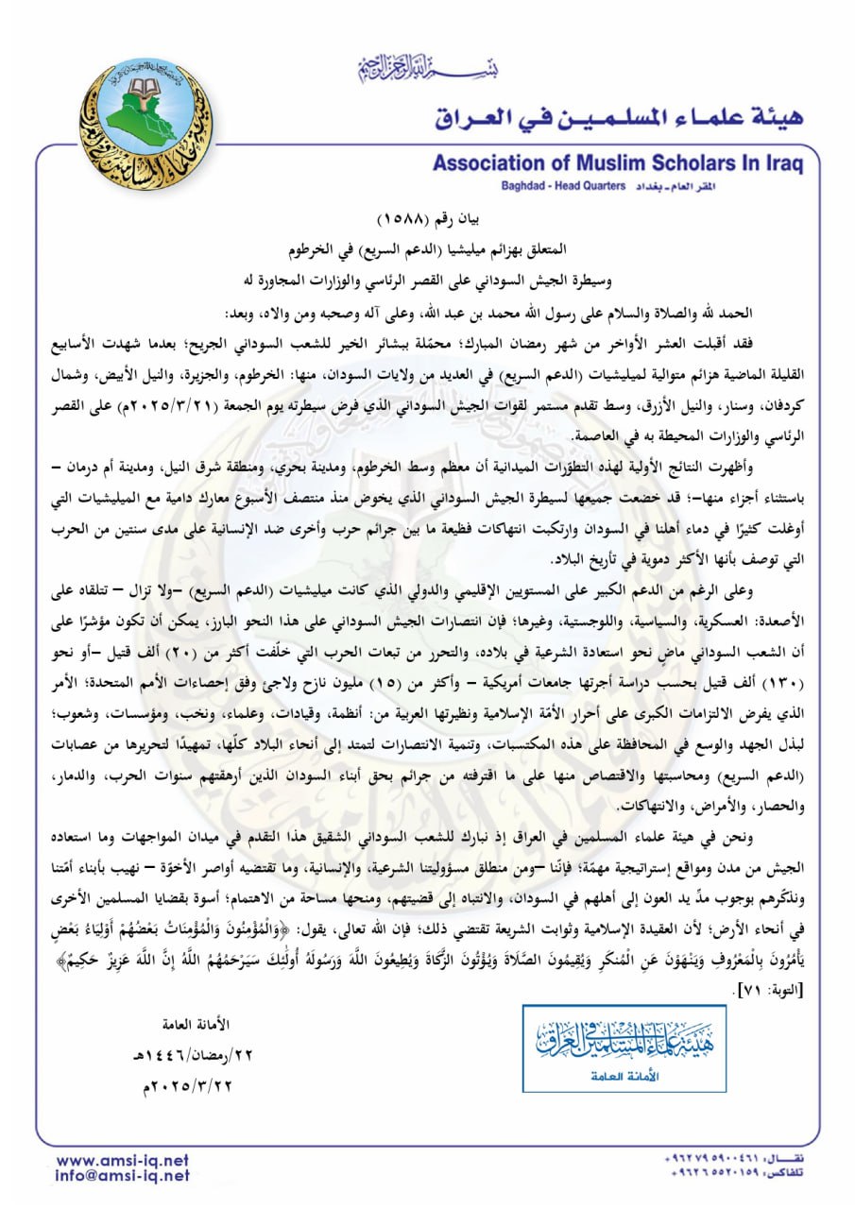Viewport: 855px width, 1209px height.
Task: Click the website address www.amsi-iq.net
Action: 122,1160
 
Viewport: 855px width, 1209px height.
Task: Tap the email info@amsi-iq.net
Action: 122,1177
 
